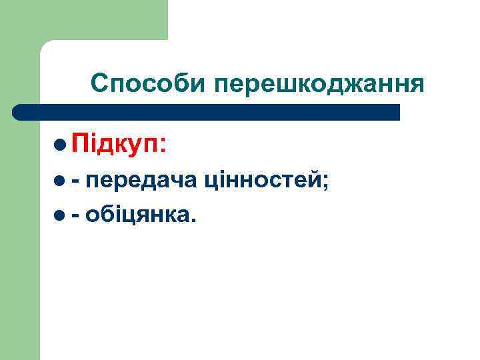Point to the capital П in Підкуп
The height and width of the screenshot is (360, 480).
81,143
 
